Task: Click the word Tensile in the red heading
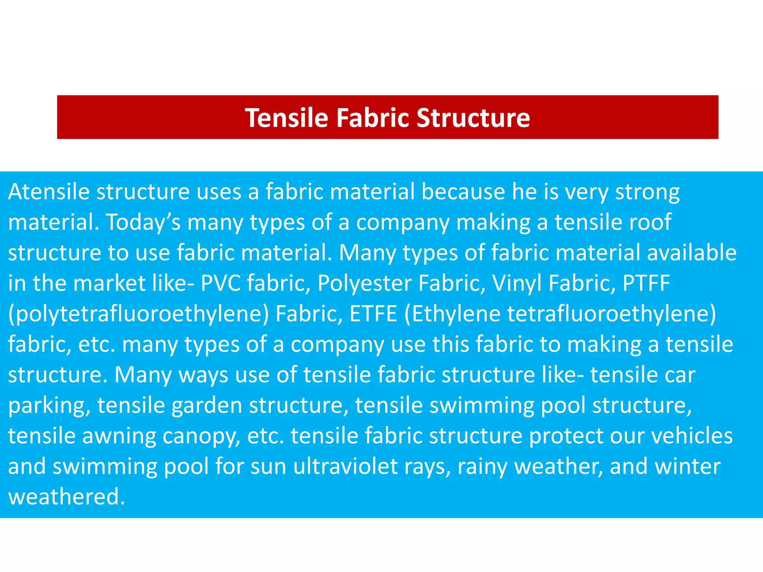pos(286,118)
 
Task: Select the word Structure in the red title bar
pos(473,118)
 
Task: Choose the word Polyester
pos(365,284)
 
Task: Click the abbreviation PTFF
pos(646,283)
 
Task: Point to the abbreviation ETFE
pos(373,314)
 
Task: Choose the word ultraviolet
pos(345,466)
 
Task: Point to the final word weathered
pos(66,497)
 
